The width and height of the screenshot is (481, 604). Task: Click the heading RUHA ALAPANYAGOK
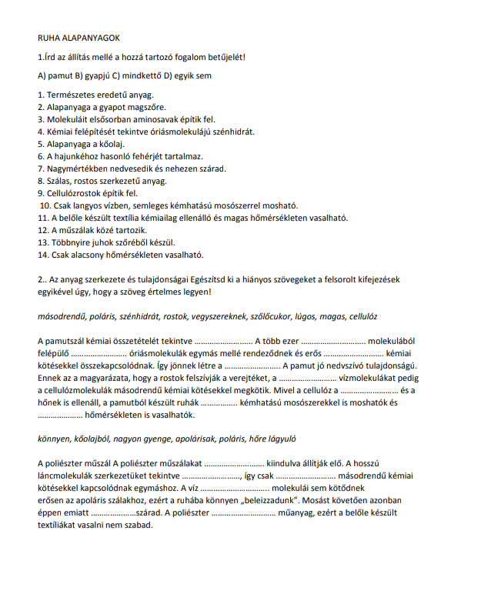78,37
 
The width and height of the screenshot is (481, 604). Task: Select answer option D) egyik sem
189,76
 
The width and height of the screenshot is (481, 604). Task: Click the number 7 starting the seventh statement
40,169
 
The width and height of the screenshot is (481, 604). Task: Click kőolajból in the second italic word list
89,439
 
